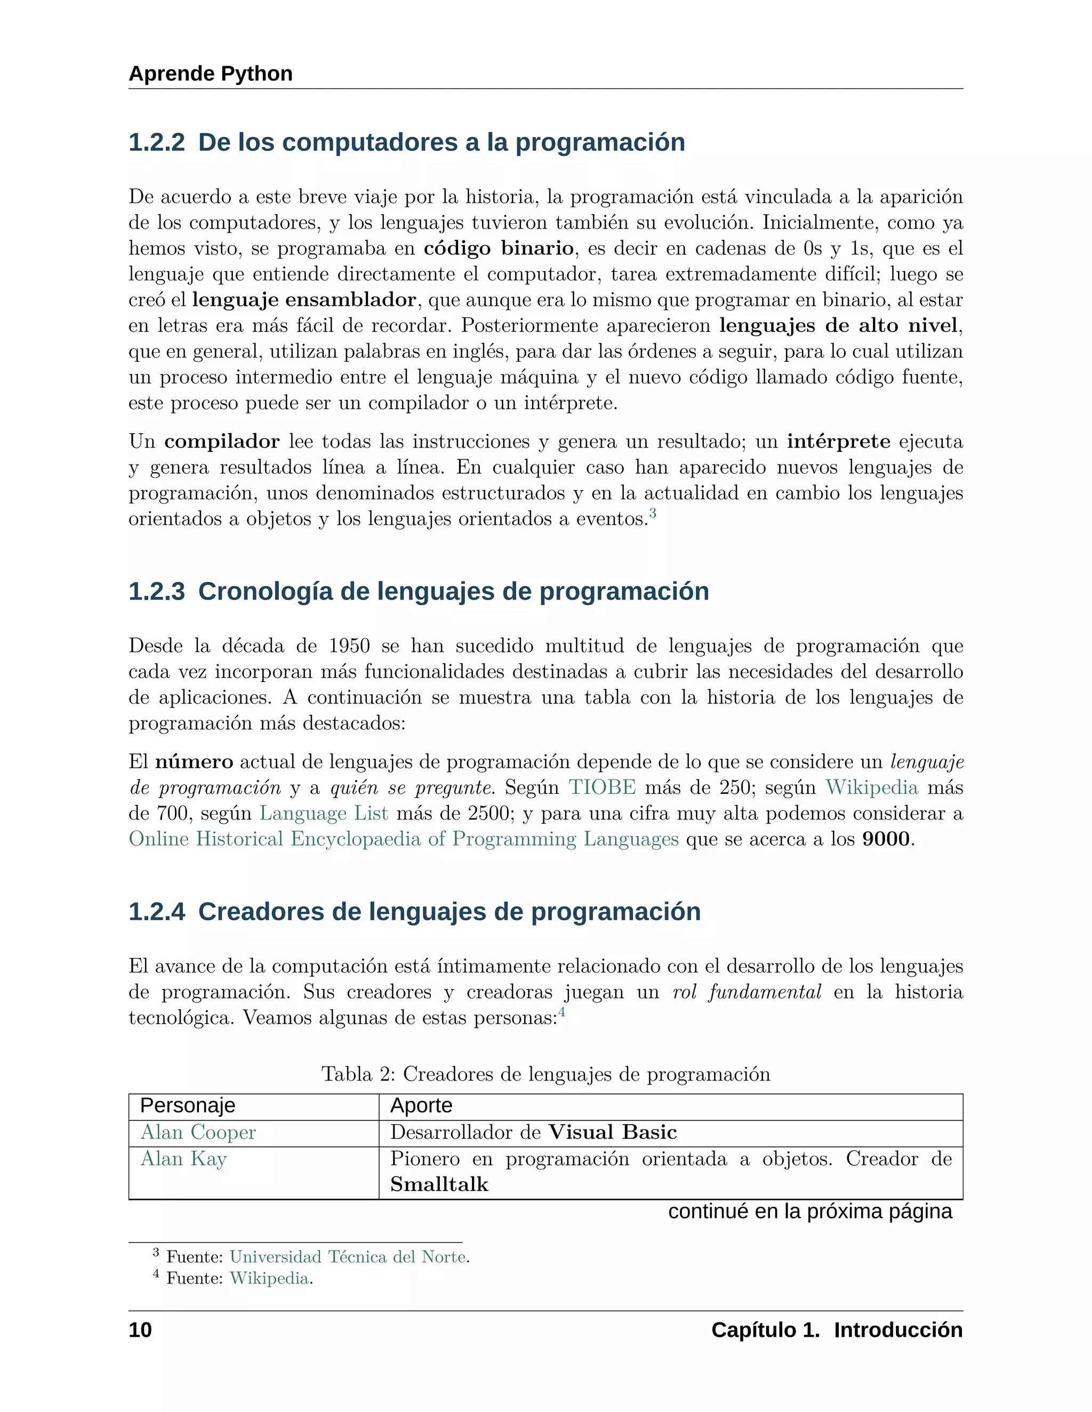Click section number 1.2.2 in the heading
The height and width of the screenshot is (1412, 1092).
pyautogui.click(x=157, y=142)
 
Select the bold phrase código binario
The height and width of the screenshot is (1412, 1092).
pyautogui.click(x=499, y=248)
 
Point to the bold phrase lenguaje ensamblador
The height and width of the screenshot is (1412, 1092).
pyautogui.click(x=304, y=300)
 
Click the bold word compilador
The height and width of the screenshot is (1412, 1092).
pyautogui.click(x=222, y=442)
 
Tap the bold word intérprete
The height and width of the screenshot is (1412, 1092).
pyautogui.click(x=838, y=442)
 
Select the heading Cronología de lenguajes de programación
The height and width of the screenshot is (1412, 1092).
pyautogui.click(x=453, y=591)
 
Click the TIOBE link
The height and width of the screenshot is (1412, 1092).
pyautogui.click(x=603, y=788)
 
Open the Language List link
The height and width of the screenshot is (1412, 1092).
pyautogui.click(x=324, y=813)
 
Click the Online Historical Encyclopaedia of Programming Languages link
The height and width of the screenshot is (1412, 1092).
pyautogui.click(x=404, y=839)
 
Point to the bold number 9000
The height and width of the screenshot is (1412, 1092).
pyautogui.click(x=886, y=839)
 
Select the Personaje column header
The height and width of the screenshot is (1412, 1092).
pyautogui.click(x=188, y=1106)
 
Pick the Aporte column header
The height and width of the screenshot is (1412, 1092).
pyautogui.click(x=421, y=1106)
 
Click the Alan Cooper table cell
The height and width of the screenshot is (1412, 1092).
pyautogui.click(x=198, y=1133)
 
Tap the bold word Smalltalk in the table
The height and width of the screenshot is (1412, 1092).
pyautogui.click(x=439, y=1185)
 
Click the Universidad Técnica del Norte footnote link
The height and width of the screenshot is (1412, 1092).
pyautogui.click(x=348, y=1257)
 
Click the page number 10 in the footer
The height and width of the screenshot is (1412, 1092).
pyautogui.click(x=140, y=1330)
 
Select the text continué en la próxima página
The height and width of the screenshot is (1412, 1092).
pyautogui.click(x=810, y=1211)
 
